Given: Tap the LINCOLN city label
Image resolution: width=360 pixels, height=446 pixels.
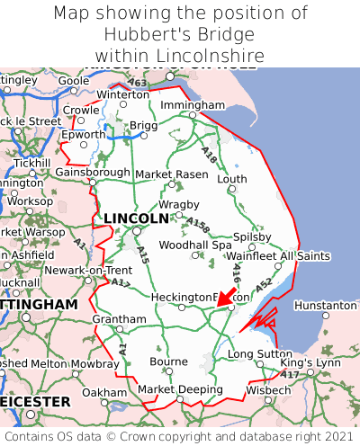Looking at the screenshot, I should (x=136, y=219).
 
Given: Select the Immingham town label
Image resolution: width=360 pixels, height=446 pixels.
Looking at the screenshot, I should (x=192, y=105).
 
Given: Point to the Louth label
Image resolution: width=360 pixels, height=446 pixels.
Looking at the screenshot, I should (x=232, y=179).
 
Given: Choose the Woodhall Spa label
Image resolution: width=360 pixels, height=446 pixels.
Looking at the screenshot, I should (x=195, y=245).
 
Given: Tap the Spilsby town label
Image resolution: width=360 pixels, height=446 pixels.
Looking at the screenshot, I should (x=252, y=236).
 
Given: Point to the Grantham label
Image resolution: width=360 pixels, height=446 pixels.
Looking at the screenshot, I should (x=119, y=319).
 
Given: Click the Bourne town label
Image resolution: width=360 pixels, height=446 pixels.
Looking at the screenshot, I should (x=169, y=361).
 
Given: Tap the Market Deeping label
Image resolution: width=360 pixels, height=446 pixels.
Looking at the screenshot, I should (x=180, y=389).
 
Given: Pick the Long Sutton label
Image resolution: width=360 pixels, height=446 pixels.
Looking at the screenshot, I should (x=259, y=354).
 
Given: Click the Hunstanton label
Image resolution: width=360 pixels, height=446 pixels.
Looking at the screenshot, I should (x=325, y=306).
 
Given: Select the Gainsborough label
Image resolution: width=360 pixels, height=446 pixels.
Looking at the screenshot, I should (x=93, y=172).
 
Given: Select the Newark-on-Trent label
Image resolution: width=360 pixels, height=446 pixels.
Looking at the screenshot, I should (x=89, y=270).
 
